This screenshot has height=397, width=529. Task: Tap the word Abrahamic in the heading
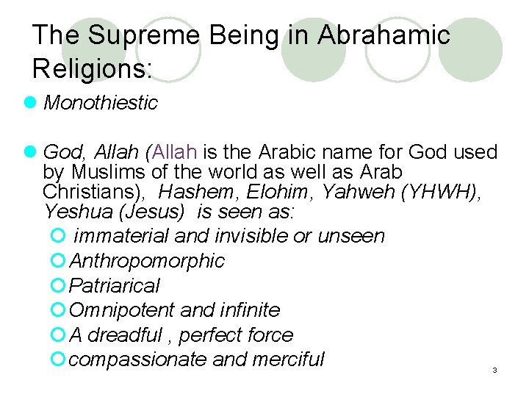click(384, 35)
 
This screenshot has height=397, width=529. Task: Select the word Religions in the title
click(90, 68)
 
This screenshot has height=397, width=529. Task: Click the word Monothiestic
click(101, 103)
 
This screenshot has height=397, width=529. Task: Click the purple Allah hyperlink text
click(174, 152)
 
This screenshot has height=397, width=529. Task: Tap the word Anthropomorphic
click(146, 261)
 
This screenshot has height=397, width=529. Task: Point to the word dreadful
click(124, 335)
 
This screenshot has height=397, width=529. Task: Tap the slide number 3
click(494, 371)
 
